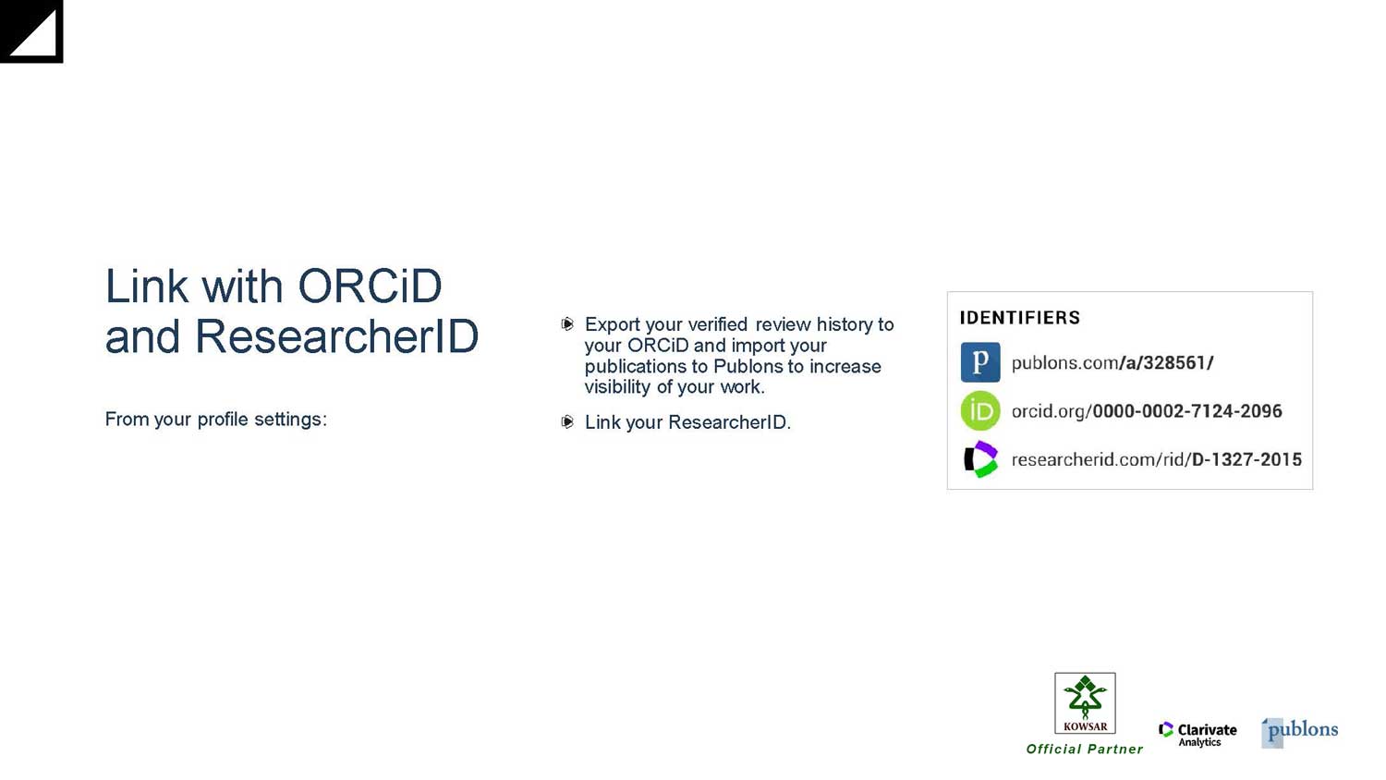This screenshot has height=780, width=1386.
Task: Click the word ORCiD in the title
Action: pyautogui.click(x=370, y=286)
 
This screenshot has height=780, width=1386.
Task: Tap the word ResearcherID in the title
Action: pyautogui.click(x=337, y=336)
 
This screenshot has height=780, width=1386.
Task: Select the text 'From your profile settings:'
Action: pyautogui.click(x=216, y=420)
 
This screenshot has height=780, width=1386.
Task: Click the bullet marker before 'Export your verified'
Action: pyautogui.click(x=567, y=323)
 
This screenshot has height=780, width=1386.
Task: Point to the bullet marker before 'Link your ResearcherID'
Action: pyautogui.click(x=567, y=422)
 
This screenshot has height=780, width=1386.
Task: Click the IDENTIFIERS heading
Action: pyautogui.click(x=1020, y=318)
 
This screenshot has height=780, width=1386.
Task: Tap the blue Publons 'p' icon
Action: pyautogui.click(x=980, y=362)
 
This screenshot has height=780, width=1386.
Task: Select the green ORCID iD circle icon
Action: pyautogui.click(x=980, y=410)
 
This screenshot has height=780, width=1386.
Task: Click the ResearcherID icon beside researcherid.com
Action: pyautogui.click(x=980, y=459)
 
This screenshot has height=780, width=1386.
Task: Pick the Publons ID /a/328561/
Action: pyautogui.click(x=1166, y=363)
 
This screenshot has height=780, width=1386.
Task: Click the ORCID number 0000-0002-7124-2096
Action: pyautogui.click(x=1187, y=411)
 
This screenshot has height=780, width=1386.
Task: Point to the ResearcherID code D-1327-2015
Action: pyautogui.click(x=1246, y=460)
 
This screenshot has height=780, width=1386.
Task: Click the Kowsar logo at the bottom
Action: pyautogui.click(x=1085, y=703)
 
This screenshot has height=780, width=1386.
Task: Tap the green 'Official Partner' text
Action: pyautogui.click(x=1085, y=750)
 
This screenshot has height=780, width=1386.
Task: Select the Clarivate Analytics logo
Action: pyautogui.click(x=1198, y=734)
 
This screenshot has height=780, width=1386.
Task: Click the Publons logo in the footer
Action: pyautogui.click(x=1299, y=732)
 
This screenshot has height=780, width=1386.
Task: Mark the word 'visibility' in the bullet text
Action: pyautogui.click(x=617, y=387)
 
